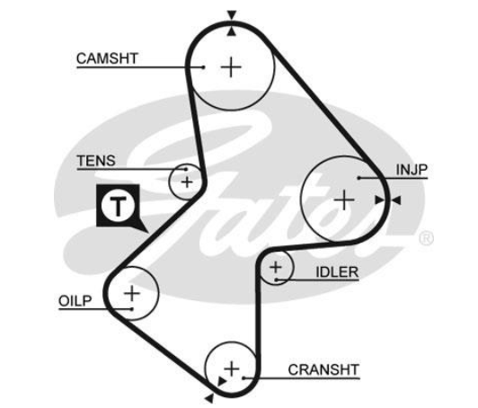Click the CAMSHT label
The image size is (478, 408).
coord(107,58)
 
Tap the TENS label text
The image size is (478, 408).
coord(96,161)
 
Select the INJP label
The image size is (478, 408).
coord(412,170)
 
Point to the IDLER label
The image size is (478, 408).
coord(337,272)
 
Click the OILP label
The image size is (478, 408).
coord(75,301)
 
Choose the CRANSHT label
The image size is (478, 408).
coord(323,370)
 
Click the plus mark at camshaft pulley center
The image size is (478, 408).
coord(231,67)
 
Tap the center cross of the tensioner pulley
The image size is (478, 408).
coord(187,182)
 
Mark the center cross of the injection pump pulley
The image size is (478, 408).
coord(344,200)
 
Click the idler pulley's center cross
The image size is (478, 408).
coord(276,268)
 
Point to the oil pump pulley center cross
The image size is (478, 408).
coord(132,293)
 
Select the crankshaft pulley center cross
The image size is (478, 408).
coord(232,369)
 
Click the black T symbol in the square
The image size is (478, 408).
coord(118,205)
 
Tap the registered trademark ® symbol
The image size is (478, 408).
coord(426,238)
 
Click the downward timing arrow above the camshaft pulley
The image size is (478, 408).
coord(232,15)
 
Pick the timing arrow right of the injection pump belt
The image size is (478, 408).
coord(396,200)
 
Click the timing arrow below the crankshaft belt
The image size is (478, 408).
coord(209,398)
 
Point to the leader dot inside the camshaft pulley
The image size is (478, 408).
coord(203,67)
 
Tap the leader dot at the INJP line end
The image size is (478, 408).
coord(359,178)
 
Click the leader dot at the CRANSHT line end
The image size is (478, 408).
coord(243,378)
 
